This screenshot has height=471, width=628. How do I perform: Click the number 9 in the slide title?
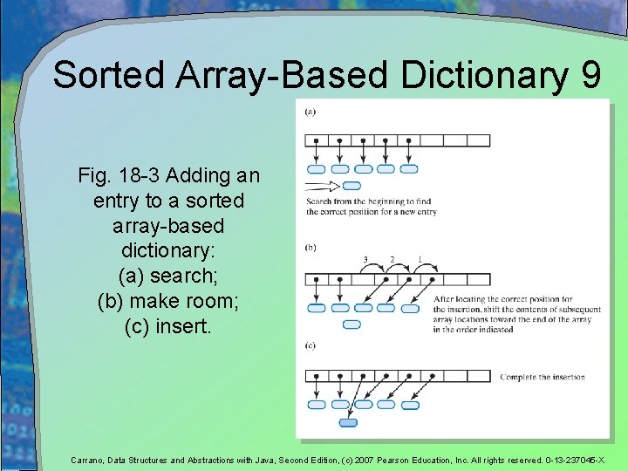[x=589, y=75]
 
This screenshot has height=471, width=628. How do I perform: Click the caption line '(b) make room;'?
[x=168, y=301]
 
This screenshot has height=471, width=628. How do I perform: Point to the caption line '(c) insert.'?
[x=168, y=326]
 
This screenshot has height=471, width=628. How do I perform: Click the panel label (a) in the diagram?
[x=311, y=111]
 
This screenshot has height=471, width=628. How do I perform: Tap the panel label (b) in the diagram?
[x=311, y=248]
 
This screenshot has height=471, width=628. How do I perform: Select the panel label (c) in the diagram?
[x=311, y=346]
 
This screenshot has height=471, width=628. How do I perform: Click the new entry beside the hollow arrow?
[x=352, y=186]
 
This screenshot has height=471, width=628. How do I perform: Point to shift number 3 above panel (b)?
[x=365, y=260]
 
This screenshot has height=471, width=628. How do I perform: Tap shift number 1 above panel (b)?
[x=420, y=260]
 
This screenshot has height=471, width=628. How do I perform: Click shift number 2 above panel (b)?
[x=392, y=260]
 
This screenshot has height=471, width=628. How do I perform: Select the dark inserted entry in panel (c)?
[x=347, y=422]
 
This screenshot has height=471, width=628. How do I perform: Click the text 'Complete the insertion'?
[x=542, y=377]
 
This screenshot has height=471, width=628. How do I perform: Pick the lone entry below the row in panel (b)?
[x=352, y=324]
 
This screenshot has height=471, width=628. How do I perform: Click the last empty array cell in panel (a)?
[x=479, y=140]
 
